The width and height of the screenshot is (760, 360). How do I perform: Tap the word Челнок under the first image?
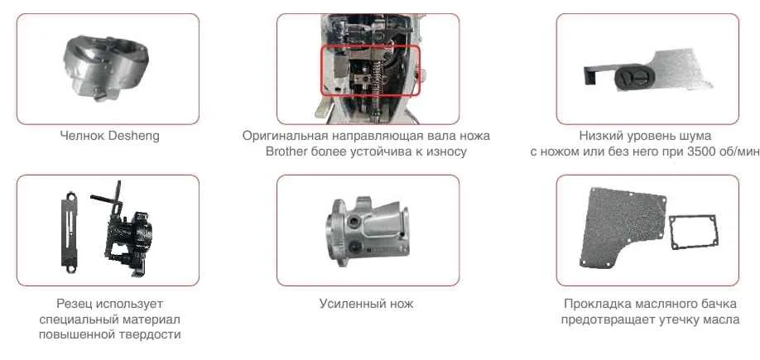point(82,136)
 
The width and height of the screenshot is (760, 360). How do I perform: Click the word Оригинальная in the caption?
point(281,136)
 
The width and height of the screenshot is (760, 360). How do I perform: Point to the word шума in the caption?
point(695,136)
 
